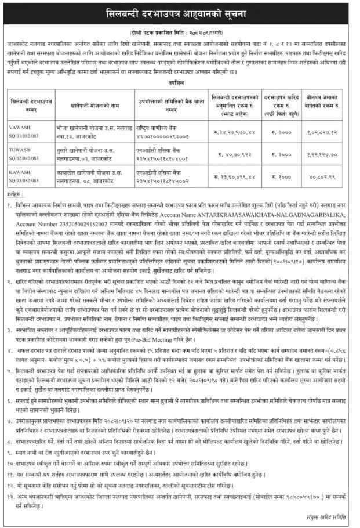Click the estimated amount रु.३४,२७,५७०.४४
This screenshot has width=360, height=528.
[234, 128]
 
